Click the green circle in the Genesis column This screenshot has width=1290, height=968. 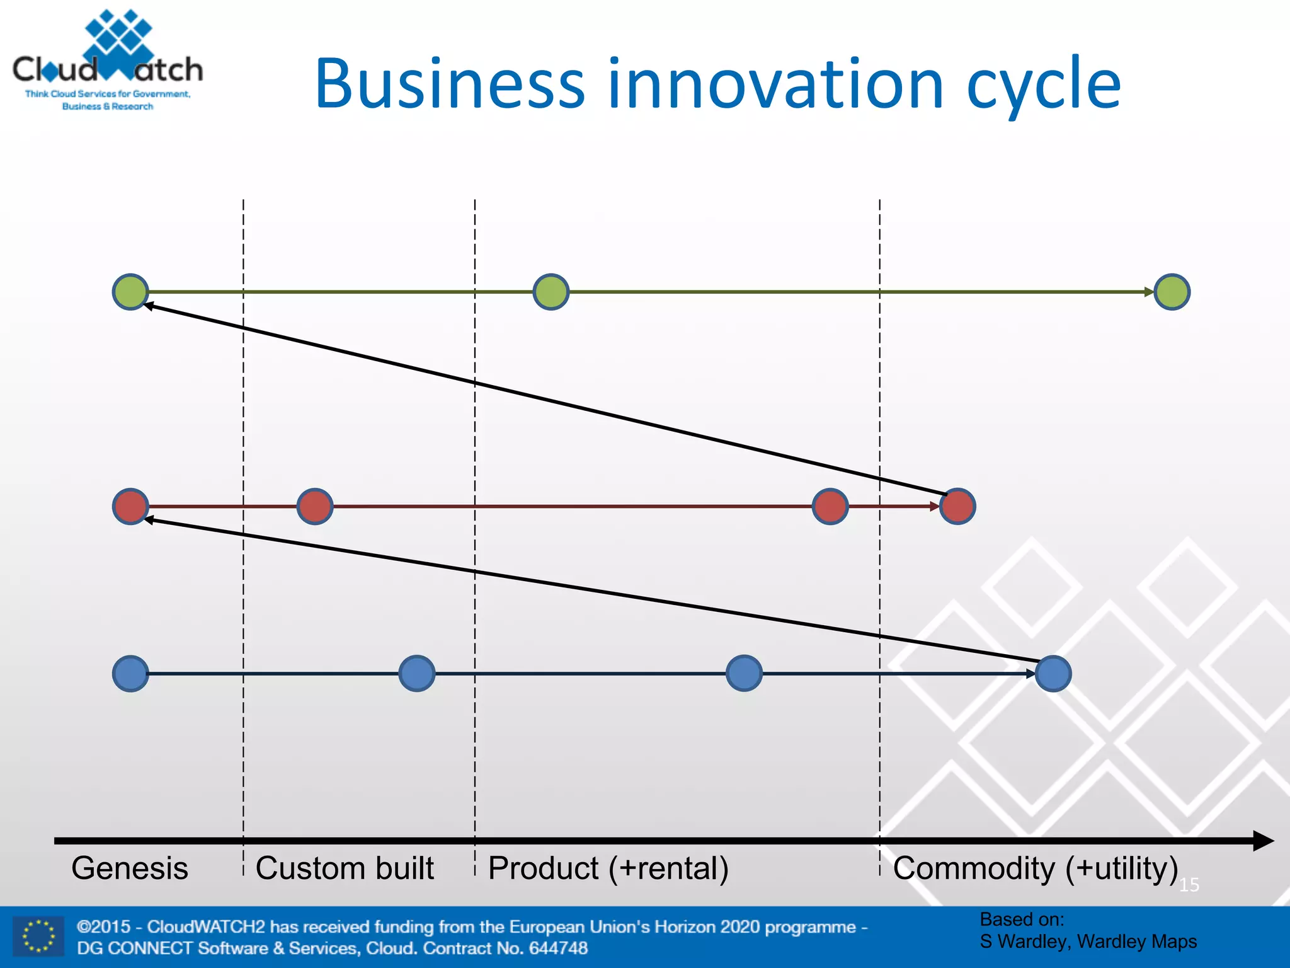point(130,292)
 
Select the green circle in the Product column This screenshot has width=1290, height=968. point(551,292)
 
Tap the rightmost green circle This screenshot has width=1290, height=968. point(1172,292)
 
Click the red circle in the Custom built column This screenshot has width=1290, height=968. point(315,506)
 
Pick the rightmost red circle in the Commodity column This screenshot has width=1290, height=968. point(957,506)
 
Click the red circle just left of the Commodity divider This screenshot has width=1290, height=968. point(830,506)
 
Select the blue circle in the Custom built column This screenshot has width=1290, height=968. point(417,673)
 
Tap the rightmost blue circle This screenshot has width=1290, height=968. point(1053,673)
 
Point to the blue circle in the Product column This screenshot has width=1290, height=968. point(744,673)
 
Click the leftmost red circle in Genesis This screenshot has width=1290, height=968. point(130,506)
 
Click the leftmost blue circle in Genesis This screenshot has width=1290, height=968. point(130,673)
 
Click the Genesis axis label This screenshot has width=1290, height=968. point(130,868)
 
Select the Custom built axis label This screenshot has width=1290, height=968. point(345,868)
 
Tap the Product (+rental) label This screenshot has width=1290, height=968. point(608,868)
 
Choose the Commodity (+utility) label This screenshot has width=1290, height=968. point(1036,868)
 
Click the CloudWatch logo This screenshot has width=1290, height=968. point(108,60)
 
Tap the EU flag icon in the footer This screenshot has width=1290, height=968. point(38,935)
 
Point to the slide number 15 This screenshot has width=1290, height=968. point(1189,885)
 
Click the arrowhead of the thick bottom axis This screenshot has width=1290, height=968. point(1264,841)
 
